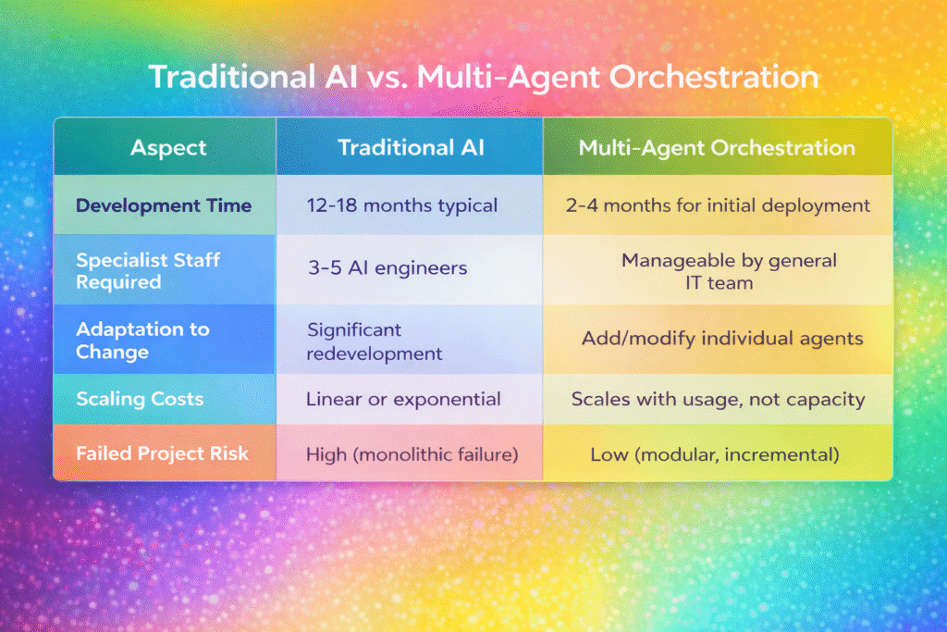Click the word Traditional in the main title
232,78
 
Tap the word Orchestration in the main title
713,78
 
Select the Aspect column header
168,148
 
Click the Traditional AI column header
411,147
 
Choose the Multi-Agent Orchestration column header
717,148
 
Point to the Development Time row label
164,205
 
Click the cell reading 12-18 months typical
402,205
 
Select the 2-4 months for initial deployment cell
718,205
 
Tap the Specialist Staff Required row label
148,271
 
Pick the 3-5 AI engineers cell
387,267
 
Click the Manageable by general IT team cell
729,271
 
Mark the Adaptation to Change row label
142,341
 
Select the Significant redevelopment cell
375,341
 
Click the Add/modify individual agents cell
722,339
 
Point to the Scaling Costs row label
140,399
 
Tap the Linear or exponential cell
403,399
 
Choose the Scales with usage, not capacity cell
718,400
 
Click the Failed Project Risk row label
162,453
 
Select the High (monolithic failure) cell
412,454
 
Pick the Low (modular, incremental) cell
715,454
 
